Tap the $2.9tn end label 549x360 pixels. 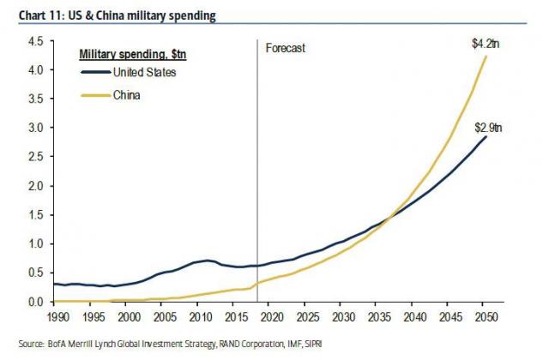(489, 128)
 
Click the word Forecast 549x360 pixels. (286, 49)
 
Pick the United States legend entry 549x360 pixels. (144, 72)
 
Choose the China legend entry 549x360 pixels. (126, 95)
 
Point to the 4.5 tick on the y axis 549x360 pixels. (35, 41)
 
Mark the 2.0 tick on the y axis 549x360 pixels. (35, 186)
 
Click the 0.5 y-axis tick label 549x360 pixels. (35, 273)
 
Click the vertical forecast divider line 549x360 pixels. (257, 171)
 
